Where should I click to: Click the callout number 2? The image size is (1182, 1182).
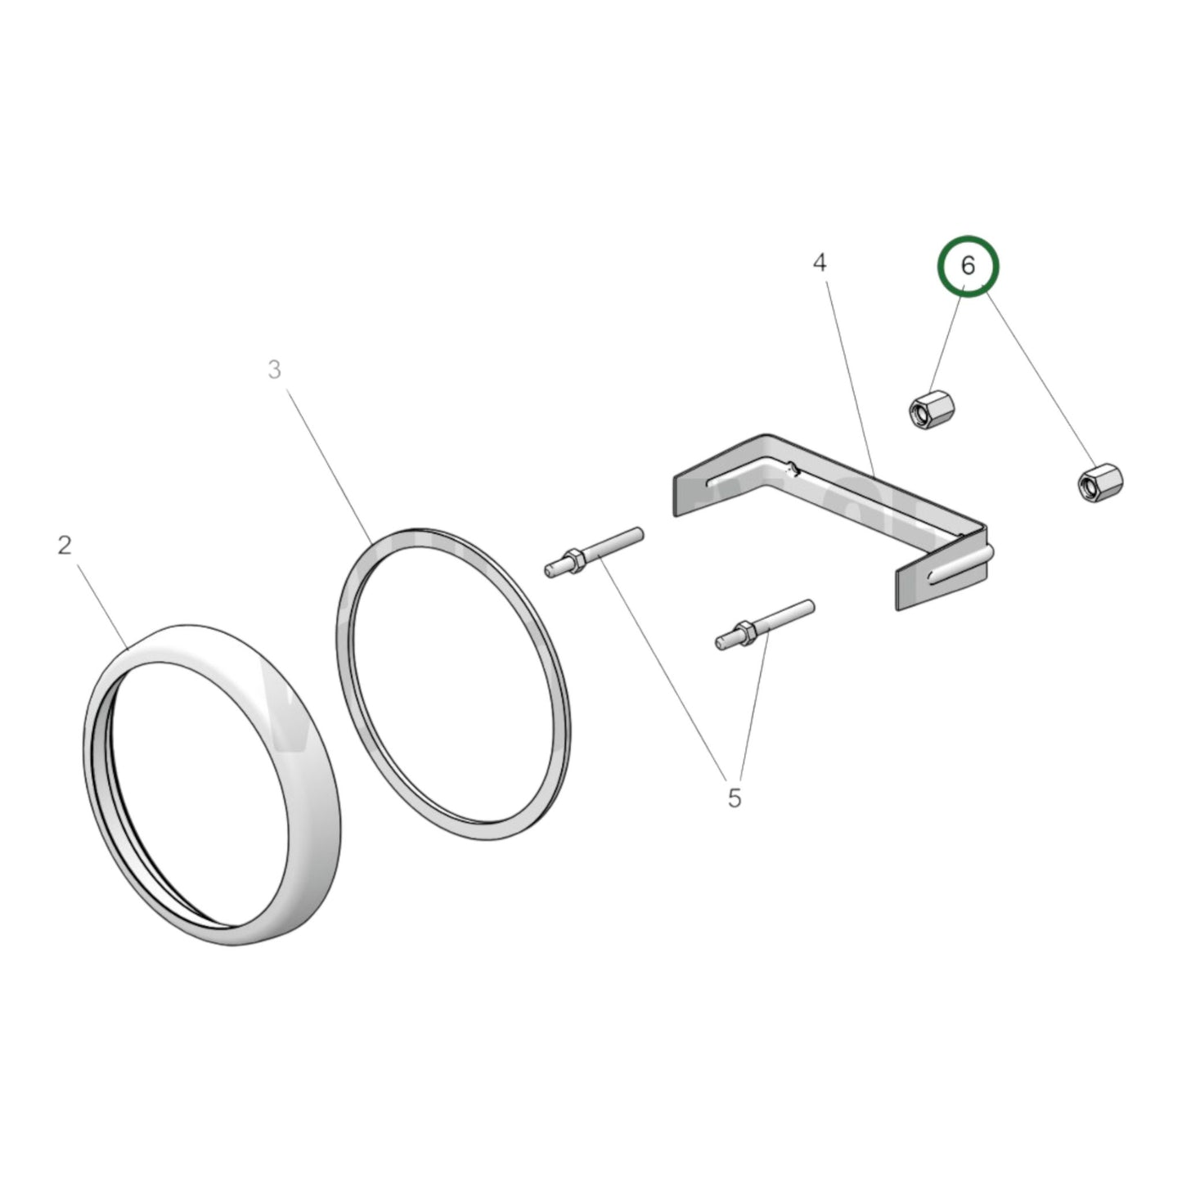point(65,545)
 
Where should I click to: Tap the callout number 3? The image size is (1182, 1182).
point(274,369)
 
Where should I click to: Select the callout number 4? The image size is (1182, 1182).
point(820,263)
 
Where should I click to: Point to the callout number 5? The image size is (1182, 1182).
point(735,798)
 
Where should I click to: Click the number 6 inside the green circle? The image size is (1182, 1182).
point(968,266)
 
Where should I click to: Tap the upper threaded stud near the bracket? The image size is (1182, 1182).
point(594,551)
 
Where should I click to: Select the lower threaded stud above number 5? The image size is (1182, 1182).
point(765,623)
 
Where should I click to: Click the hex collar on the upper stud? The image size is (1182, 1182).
point(574,560)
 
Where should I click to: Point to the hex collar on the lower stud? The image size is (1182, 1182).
point(745,632)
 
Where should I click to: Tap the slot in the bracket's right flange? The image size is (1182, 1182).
point(960,565)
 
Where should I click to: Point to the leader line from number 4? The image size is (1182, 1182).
point(850,379)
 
